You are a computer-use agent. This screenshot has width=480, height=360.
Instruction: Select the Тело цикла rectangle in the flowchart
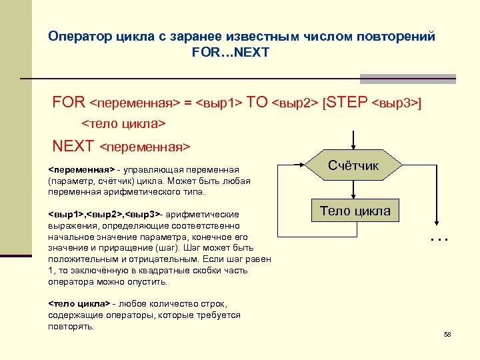click(355, 211)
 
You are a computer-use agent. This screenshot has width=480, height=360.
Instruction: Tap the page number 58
click(447, 334)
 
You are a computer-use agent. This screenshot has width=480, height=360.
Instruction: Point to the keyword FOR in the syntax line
click(69, 103)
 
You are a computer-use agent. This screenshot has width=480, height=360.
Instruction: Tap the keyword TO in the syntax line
click(257, 103)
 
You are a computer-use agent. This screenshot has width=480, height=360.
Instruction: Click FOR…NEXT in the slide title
click(230, 51)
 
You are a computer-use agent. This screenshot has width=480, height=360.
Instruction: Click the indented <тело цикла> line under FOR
click(123, 124)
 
